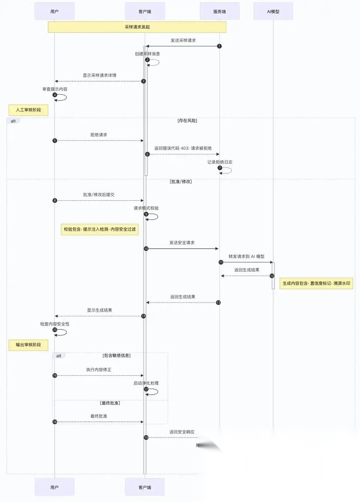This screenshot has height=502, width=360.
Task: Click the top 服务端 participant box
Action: click(x=220, y=11)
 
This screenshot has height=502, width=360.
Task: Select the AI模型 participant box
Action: click(x=273, y=11)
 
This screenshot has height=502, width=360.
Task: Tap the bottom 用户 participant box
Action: click(x=54, y=487)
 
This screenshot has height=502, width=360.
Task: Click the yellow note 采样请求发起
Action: click(x=137, y=27)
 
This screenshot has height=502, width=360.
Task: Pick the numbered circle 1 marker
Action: click(x=219, y=46)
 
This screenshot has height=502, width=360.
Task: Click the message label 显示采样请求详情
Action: click(x=99, y=75)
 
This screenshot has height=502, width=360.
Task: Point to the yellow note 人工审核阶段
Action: click(x=28, y=110)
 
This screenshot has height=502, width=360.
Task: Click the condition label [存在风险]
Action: click(x=187, y=121)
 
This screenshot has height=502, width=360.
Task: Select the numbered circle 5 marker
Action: click(x=54, y=140)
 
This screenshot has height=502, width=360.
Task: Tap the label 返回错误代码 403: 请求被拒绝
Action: click(x=183, y=148)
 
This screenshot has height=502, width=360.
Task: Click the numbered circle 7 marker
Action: click(x=220, y=168)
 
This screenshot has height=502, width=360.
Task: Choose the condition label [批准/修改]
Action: click(x=180, y=182)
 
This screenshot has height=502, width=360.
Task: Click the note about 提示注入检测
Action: click(x=99, y=230)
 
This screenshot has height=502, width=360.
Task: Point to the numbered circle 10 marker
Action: click(x=146, y=249)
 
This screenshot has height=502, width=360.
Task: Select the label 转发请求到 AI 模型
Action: click(x=246, y=256)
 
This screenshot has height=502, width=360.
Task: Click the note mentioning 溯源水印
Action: click(x=316, y=284)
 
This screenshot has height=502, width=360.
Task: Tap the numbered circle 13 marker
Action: click(x=218, y=302)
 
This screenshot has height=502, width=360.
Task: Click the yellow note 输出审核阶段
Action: click(x=28, y=345)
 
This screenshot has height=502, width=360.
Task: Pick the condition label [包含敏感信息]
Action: click(x=117, y=355)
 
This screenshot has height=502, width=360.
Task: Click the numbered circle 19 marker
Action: click(x=146, y=438)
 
